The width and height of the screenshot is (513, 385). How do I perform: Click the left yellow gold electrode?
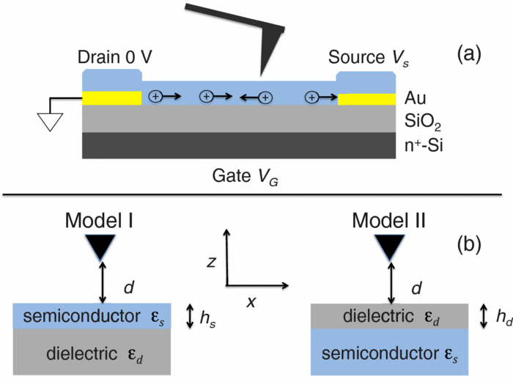coord(111,98)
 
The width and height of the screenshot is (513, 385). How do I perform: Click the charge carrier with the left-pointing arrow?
coord(265,97)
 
